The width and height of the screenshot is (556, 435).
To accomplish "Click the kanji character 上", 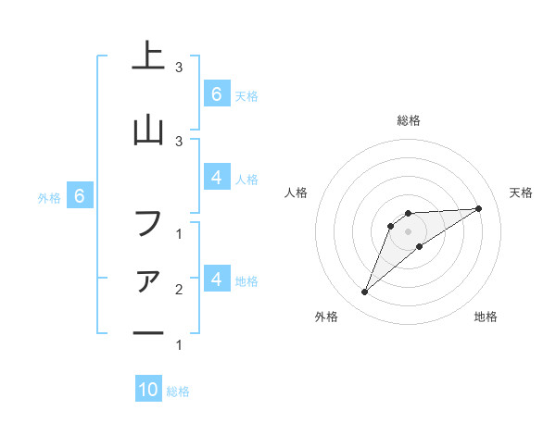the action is [x=148, y=56].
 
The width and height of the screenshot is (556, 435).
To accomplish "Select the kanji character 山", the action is [x=148, y=130].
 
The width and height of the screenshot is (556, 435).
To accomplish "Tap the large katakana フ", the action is [x=148, y=223].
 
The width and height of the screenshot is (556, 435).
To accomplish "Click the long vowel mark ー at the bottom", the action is [x=148, y=333].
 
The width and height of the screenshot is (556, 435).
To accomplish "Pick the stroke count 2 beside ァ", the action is [x=179, y=290].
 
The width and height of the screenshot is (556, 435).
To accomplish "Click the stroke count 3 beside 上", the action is [x=179, y=67].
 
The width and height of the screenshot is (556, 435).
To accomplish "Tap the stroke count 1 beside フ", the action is [x=179, y=233].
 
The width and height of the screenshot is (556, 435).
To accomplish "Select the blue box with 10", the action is [x=148, y=390].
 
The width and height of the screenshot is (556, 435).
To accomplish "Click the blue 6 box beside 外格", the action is [x=80, y=196].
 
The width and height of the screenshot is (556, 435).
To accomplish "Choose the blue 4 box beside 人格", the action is [x=216, y=178].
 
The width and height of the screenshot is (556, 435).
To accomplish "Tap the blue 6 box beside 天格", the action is [x=216, y=93].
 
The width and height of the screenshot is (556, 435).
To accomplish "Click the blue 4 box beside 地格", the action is [x=216, y=279].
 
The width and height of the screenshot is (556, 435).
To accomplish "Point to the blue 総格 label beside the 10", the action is [x=178, y=391].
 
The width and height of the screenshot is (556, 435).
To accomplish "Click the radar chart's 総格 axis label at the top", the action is [x=409, y=120].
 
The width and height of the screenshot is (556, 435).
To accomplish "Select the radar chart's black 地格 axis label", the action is [x=486, y=317].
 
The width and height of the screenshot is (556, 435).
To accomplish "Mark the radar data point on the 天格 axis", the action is [x=479, y=208].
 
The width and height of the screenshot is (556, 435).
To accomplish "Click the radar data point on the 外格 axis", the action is [x=364, y=292].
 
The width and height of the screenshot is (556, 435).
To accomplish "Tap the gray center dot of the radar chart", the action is [x=409, y=230].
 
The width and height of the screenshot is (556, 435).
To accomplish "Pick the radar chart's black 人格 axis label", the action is [x=297, y=193].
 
